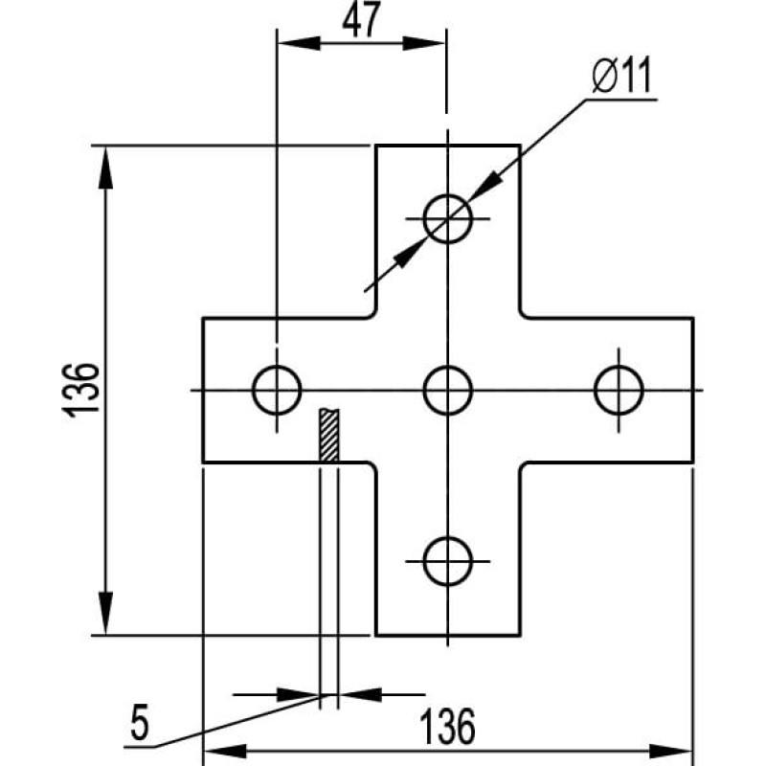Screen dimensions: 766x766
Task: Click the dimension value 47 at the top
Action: (361, 20)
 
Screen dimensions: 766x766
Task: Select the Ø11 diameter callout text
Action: (621, 76)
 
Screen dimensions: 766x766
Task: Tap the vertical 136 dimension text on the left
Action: (81, 390)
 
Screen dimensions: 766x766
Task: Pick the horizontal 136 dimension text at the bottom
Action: (447, 726)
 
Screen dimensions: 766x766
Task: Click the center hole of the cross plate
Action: (447, 391)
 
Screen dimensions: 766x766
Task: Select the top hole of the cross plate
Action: (447, 218)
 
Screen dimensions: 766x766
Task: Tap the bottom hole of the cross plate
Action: (447, 561)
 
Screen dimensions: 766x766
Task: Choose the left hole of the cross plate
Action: (277, 391)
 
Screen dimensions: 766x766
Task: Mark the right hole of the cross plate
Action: (619, 391)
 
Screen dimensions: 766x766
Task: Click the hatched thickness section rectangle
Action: (328, 436)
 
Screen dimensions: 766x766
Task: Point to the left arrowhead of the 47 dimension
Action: (299, 43)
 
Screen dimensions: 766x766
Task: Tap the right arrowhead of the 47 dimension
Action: (423, 43)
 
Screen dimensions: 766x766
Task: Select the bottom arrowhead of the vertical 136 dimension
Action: (105, 614)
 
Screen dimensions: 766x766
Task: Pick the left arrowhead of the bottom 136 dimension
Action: (225, 752)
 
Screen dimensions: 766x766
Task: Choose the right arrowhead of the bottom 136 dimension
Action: (671, 752)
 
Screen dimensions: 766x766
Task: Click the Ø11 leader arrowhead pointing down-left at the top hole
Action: (485, 186)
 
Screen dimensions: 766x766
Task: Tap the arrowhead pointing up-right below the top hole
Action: (410, 253)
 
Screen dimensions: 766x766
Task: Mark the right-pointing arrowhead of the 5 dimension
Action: (299, 694)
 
